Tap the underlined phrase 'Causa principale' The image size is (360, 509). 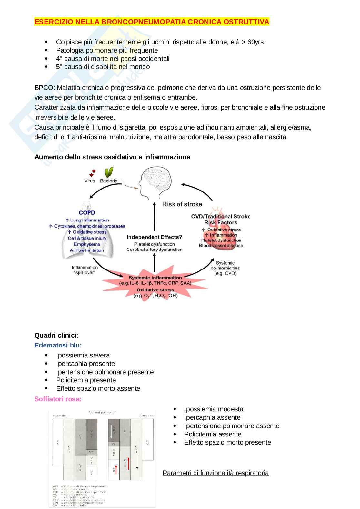(59, 127)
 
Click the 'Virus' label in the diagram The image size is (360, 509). (90, 181)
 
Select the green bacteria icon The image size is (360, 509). (109, 171)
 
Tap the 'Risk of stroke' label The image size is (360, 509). (182, 204)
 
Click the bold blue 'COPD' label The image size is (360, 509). (87, 213)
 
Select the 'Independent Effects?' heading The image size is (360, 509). (154, 237)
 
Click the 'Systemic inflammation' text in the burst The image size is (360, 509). (155, 278)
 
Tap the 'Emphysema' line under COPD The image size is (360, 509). (87, 244)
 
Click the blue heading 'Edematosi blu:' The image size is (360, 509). (58, 345)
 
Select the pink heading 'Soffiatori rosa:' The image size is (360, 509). (58, 399)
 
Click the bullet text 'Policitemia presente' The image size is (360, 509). (86, 380)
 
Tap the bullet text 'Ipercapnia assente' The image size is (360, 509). (212, 417)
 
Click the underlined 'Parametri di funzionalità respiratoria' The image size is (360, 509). (215, 473)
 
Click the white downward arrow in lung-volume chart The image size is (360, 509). (111, 432)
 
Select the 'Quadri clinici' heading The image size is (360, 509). (55, 335)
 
